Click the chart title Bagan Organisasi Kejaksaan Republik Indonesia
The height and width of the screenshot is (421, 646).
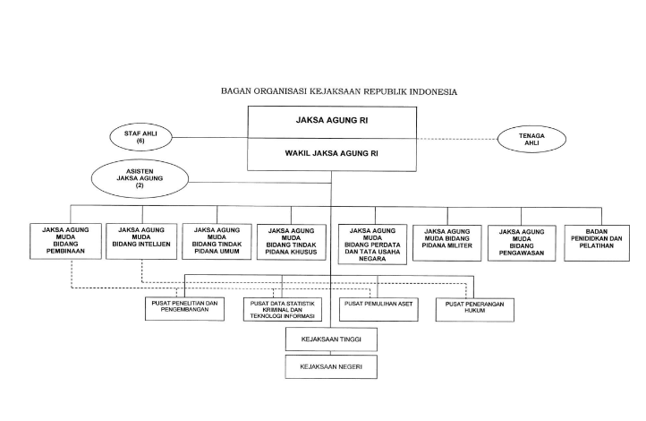click(x=339, y=91)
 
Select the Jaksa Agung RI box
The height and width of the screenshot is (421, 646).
click(x=331, y=118)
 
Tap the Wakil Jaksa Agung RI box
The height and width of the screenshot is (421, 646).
click(x=331, y=154)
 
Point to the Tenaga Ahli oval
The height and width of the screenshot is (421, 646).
click(x=532, y=139)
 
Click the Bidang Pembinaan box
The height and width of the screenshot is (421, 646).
click(x=64, y=241)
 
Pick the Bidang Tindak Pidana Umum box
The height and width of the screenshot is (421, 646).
click(x=216, y=241)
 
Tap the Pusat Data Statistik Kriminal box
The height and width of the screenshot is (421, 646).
click(x=284, y=309)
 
